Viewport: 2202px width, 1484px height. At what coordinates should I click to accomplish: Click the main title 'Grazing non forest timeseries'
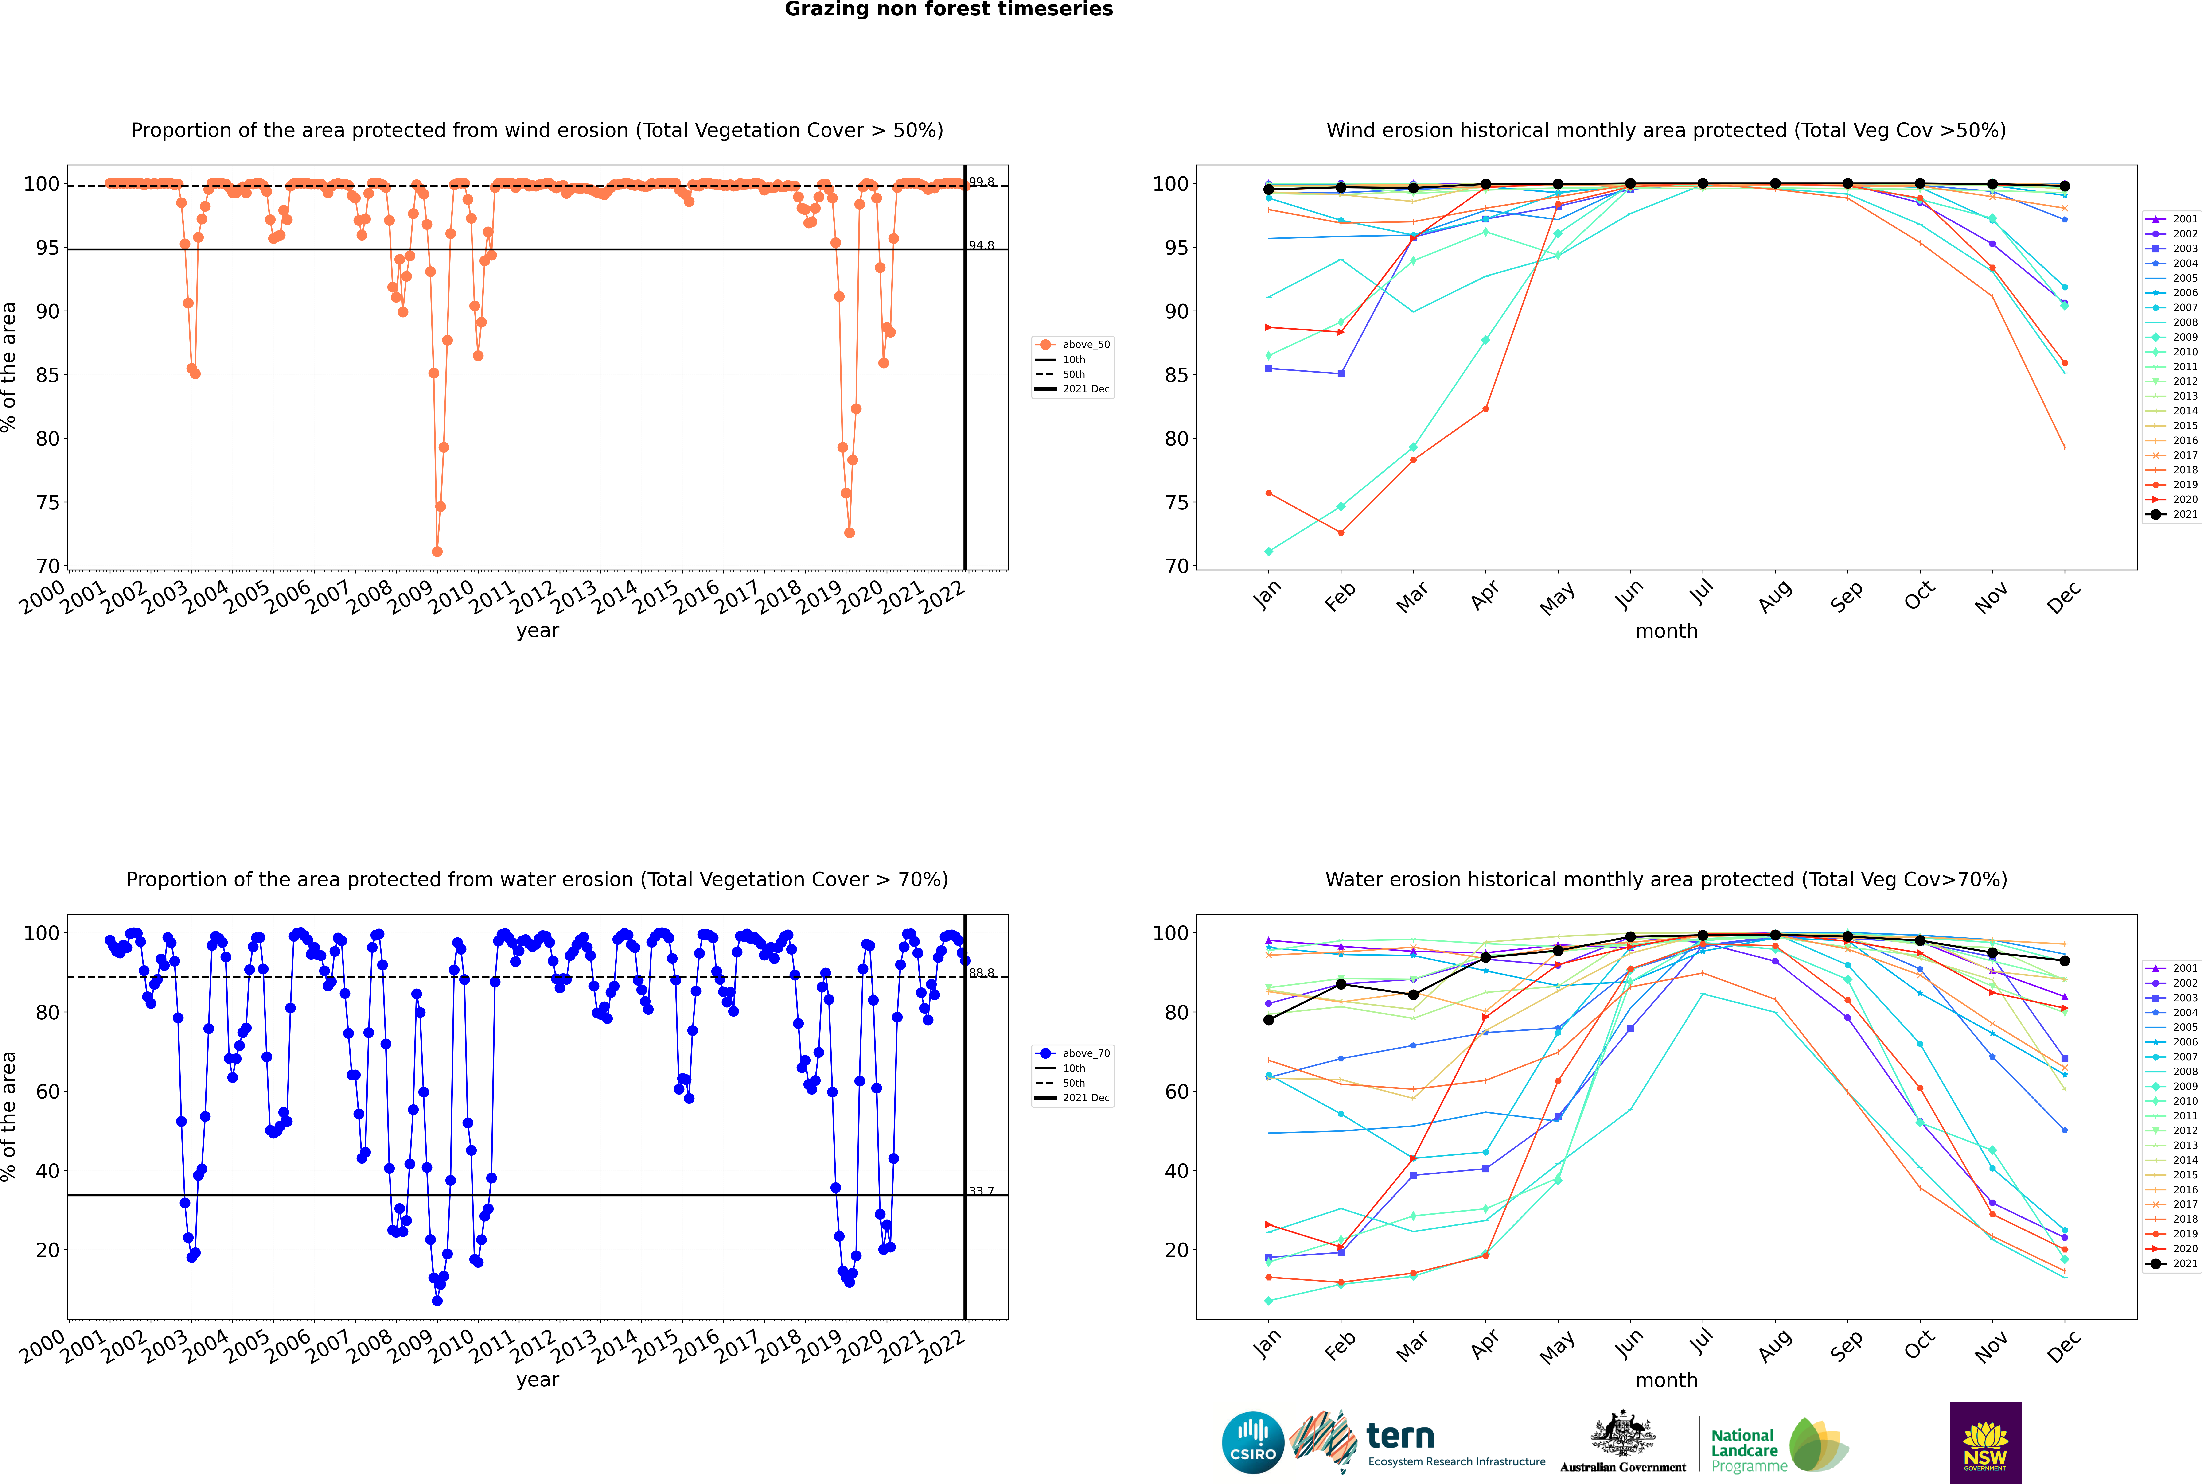point(949,9)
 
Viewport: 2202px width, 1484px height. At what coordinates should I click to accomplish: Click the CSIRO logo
point(1252,1442)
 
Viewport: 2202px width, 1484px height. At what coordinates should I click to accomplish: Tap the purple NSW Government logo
point(1985,1441)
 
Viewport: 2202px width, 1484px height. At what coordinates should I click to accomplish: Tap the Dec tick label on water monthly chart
point(2064,1344)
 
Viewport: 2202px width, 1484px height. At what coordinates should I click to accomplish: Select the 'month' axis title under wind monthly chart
point(1666,631)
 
